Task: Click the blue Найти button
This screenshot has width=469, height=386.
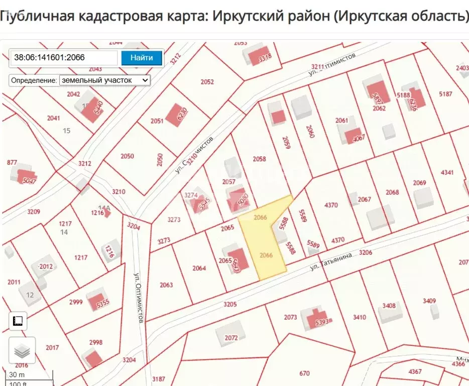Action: (x=142, y=58)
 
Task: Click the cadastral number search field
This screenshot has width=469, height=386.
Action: (x=64, y=58)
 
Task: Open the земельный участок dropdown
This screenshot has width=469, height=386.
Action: (x=104, y=80)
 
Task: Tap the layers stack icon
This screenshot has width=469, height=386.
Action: (x=22, y=350)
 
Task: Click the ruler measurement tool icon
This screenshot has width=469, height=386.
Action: (x=19, y=321)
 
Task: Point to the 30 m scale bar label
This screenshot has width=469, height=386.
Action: (x=17, y=374)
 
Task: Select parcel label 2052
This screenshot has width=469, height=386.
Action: (x=207, y=82)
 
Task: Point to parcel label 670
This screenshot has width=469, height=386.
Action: (x=304, y=373)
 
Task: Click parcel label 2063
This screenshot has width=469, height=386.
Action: (x=166, y=285)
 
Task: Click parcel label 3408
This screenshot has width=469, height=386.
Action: (x=389, y=306)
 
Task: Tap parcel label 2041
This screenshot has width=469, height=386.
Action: (x=53, y=118)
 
